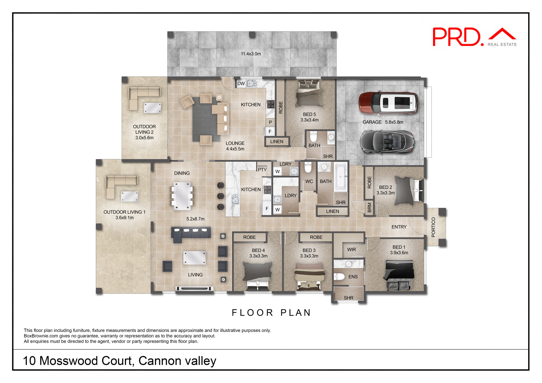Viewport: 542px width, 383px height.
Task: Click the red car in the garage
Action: [x=388, y=103]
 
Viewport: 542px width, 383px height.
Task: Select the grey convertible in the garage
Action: [x=387, y=142]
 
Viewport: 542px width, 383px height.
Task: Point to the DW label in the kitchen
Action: [x=241, y=83]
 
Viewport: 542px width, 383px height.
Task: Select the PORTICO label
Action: [x=433, y=227]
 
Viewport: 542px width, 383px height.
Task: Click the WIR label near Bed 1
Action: [x=351, y=250]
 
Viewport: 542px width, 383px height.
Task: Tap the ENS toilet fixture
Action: [x=339, y=277]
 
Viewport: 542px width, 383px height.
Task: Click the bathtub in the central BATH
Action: [x=341, y=177]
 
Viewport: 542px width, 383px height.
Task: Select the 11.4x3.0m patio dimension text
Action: [x=251, y=54]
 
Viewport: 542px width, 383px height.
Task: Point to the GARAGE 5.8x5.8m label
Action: [x=383, y=122]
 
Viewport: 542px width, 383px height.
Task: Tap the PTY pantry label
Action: [x=262, y=170]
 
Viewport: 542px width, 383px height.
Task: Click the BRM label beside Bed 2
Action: [x=370, y=208]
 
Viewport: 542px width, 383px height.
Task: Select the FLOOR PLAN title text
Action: [x=271, y=312]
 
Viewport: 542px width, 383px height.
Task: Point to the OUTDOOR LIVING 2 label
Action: [x=144, y=132]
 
